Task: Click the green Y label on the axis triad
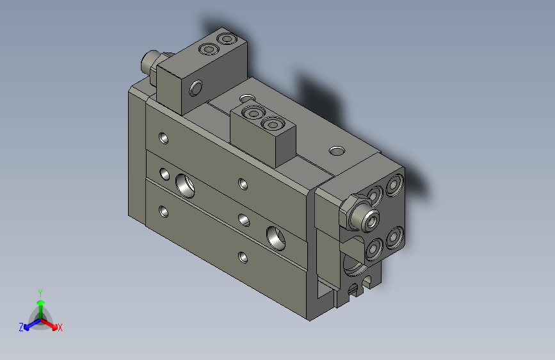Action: click(40, 291)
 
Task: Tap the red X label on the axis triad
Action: click(60, 327)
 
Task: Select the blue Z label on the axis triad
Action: click(21, 327)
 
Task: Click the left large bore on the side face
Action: click(185, 184)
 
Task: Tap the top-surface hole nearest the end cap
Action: click(336, 152)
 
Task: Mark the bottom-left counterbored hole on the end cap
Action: click(372, 249)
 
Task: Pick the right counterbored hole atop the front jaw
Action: click(273, 123)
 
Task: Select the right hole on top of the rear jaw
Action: click(225, 40)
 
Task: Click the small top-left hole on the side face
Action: click(164, 137)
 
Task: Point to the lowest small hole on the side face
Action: click(243, 258)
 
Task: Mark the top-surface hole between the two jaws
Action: click(246, 99)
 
